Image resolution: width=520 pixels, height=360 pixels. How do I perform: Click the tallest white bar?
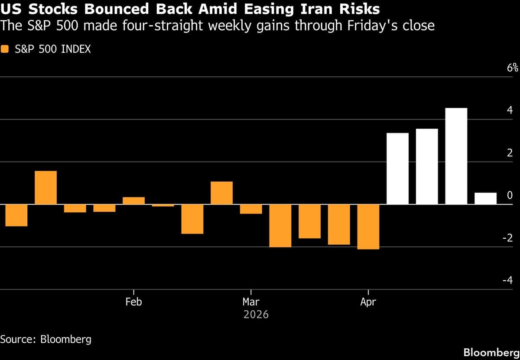[x=456, y=156]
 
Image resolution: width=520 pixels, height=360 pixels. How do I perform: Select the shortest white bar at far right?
[x=485, y=198]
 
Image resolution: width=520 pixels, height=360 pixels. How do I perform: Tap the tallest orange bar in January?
[x=45, y=188]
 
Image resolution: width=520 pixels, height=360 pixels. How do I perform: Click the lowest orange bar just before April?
[x=368, y=227]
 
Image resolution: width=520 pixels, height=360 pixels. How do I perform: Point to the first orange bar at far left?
[x=16, y=215]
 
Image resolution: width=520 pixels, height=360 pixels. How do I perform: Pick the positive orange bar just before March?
[x=221, y=193]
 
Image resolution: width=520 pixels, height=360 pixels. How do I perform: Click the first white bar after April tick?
[x=397, y=169]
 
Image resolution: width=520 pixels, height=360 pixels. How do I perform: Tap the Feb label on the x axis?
[x=133, y=302]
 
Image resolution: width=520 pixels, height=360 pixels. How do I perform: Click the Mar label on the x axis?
[x=251, y=302]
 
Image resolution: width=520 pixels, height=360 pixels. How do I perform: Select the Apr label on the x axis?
[x=368, y=302]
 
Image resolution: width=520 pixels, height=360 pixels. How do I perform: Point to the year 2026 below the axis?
[x=256, y=314]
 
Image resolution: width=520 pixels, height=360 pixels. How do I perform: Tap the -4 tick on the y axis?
[x=507, y=280]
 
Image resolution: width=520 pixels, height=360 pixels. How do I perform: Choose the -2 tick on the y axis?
[x=507, y=237]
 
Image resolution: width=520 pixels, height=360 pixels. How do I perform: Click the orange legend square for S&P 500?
[x=5, y=49]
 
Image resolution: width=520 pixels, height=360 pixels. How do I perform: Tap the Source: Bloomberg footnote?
[x=46, y=339]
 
